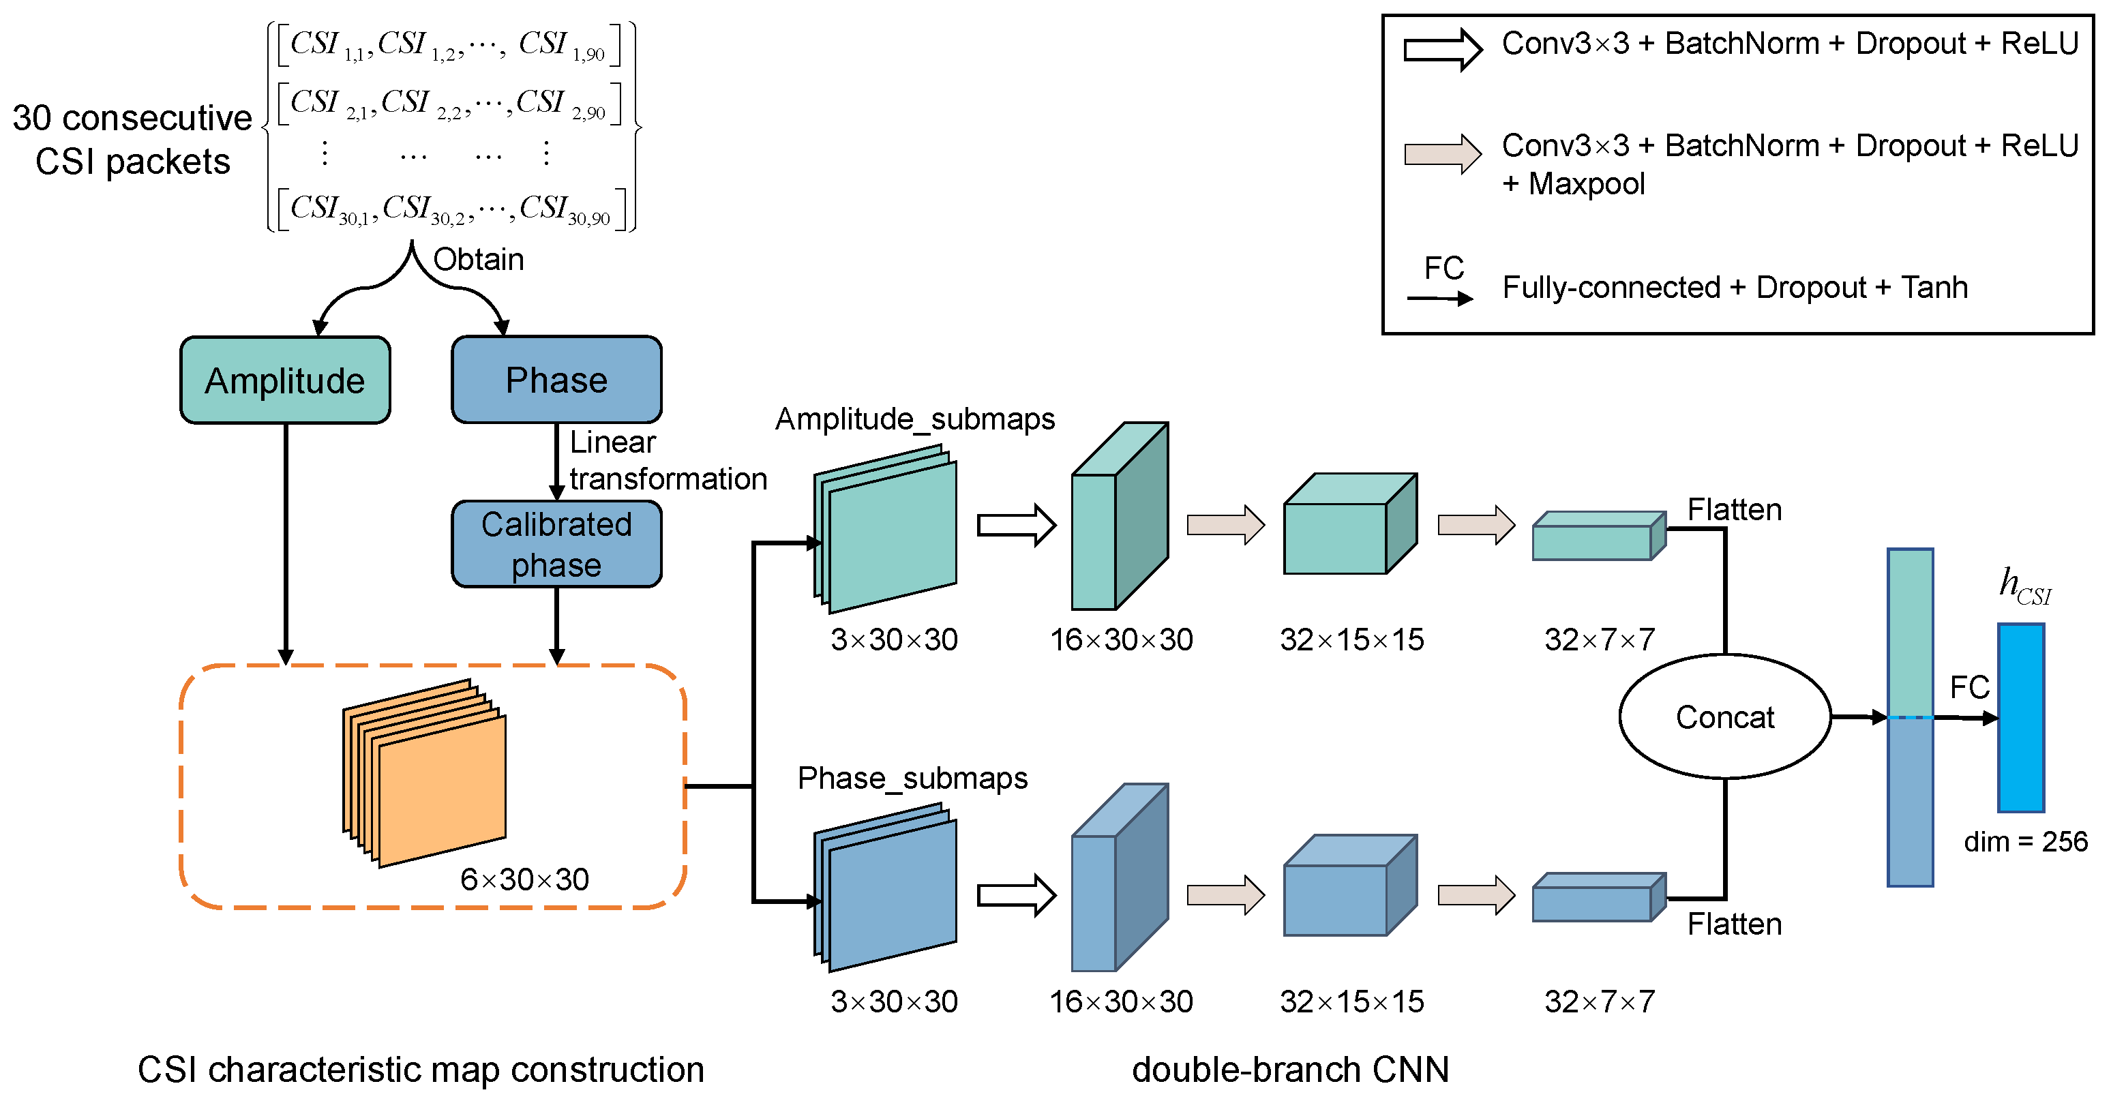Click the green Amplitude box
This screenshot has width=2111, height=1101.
pyautogui.click(x=284, y=381)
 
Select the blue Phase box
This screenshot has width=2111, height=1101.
pyautogui.click(x=556, y=380)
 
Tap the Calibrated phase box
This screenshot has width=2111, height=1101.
pyautogui.click(x=556, y=545)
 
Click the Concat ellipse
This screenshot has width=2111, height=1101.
pyautogui.click(x=1724, y=717)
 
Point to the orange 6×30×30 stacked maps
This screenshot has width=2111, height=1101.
pyautogui.click(x=426, y=774)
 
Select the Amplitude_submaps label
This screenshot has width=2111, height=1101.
pyautogui.click(x=914, y=419)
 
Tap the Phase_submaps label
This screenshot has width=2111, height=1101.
pyautogui.click(x=912, y=777)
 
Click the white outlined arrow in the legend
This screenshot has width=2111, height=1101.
pyautogui.click(x=1442, y=50)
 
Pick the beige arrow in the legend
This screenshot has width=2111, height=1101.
pyautogui.click(x=1442, y=154)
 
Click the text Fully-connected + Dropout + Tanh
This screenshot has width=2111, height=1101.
pyautogui.click(x=1734, y=288)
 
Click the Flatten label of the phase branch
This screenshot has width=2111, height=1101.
pyautogui.click(x=1734, y=924)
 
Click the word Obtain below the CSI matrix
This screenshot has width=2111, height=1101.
pyautogui.click(x=478, y=260)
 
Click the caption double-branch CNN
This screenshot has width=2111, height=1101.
pyautogui.click(x=1290, y=1070)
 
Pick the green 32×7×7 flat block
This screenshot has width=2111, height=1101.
pyautogui.click(x=1598, y=537)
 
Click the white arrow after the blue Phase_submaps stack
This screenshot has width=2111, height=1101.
pyautogui.click(x=1016, y=894)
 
